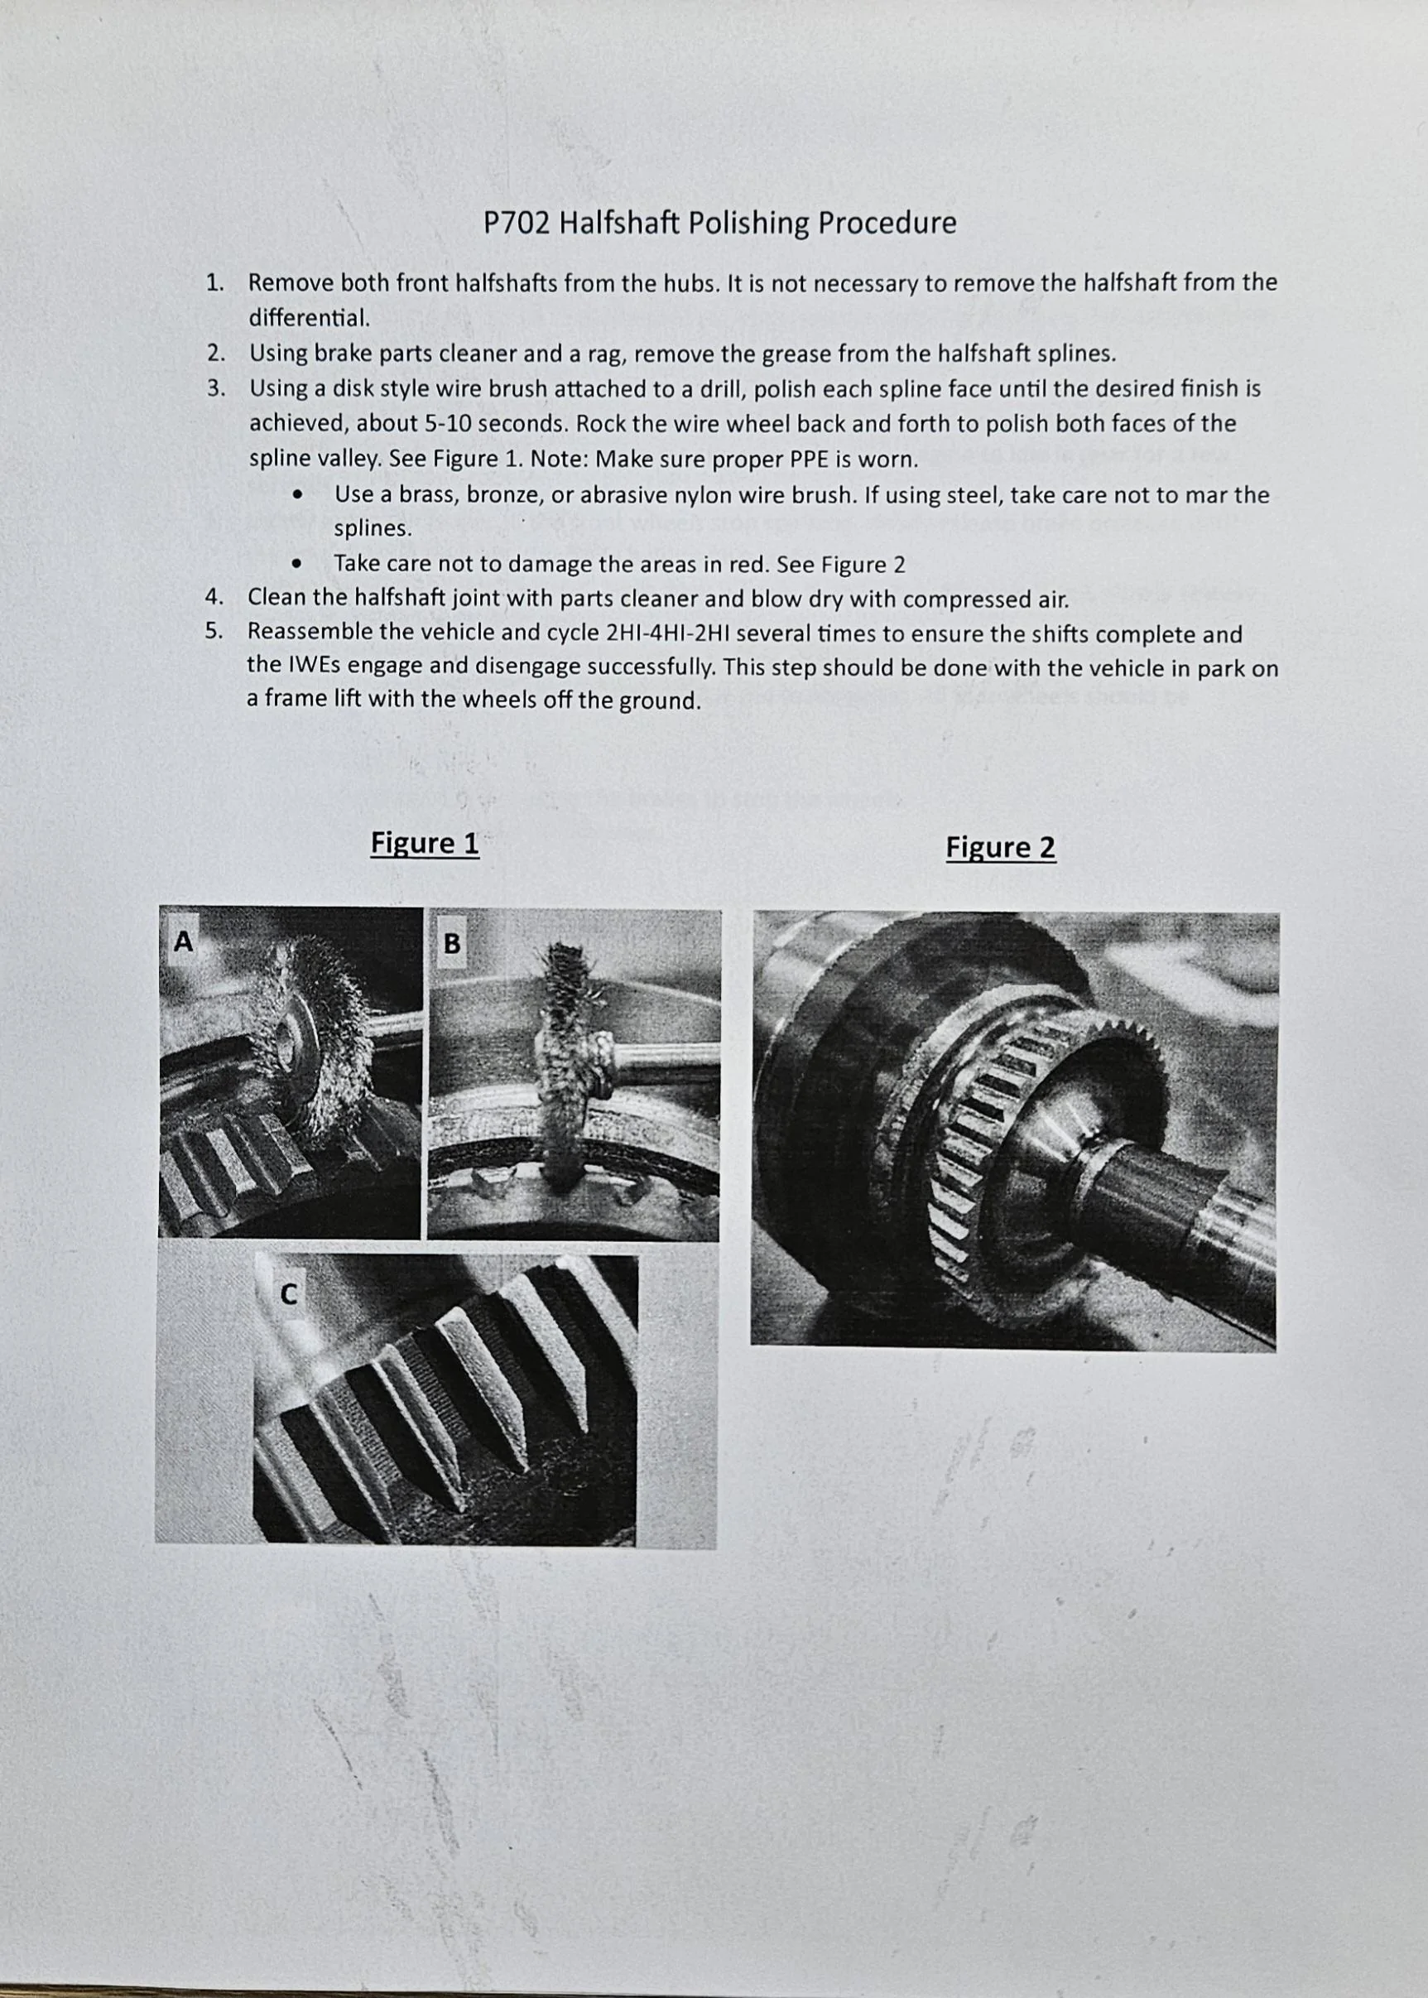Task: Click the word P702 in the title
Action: click(517, 223)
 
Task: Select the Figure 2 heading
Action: click(1001, 847)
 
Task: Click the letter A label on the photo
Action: click(183, 941)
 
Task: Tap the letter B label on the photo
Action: click(452, 944)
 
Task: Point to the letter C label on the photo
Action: click(288, 1293)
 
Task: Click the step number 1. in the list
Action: click(214, 283)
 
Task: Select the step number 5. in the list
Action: click(214, 632)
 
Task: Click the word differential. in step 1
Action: click(309, 317)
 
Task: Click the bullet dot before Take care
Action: click(301, 564)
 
